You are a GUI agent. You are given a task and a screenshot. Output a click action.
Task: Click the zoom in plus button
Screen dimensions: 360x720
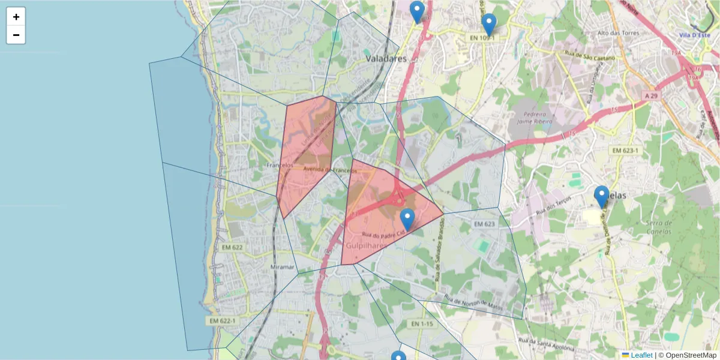point(16,17)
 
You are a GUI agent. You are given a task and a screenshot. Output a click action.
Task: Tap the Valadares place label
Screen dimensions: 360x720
point(386,59)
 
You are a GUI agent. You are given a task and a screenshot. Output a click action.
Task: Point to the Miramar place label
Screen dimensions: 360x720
point(283,267)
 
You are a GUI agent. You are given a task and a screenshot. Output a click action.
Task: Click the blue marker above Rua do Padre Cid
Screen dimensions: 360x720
point(407,219)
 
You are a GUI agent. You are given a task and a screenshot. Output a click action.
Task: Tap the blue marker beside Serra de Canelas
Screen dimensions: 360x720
point(601,196)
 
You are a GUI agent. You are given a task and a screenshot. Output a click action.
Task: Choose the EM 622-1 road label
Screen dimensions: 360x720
point(222,321)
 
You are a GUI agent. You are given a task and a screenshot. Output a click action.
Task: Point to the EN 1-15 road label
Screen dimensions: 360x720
point(422,324)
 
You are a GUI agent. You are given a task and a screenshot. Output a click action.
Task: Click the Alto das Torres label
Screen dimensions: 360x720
point(616,33)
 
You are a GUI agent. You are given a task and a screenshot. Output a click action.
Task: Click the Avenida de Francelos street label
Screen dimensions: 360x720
point(330,170)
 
